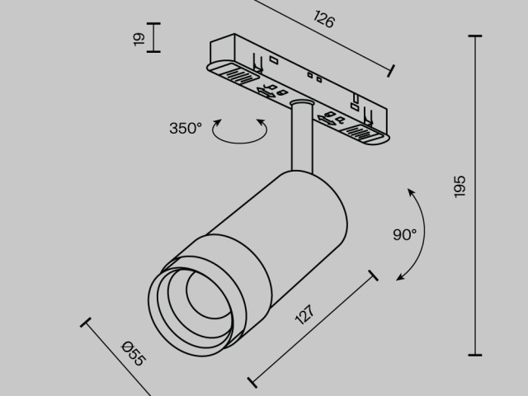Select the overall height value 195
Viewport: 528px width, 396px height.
[x=460, y=186]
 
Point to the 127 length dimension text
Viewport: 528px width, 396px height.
[x=304, y=319]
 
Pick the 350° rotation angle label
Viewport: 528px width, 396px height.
[x=186, y=128]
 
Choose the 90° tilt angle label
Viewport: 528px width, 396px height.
[x=404, y=235]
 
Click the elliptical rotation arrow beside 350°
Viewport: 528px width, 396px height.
[x=240, y=131]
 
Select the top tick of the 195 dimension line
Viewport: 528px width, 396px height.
[x=475, y=36]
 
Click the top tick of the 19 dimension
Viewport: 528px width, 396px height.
[x=153, y=24]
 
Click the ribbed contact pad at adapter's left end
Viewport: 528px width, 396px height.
[x=237, y=76]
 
